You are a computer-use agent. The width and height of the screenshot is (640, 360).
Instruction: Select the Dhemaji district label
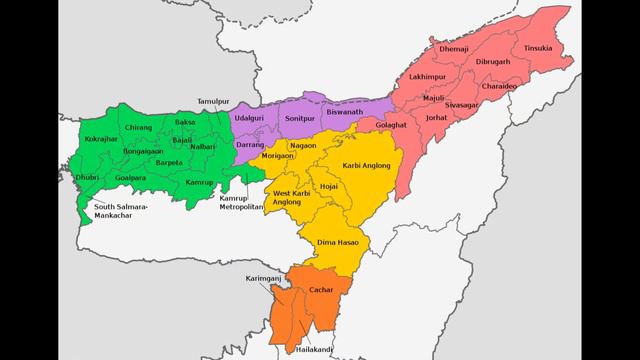[453, 48]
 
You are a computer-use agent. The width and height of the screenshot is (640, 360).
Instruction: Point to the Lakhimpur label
[427, 76]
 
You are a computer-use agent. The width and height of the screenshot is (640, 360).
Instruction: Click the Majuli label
[434, 98]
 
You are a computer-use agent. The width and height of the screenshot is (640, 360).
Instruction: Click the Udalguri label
[247, 117]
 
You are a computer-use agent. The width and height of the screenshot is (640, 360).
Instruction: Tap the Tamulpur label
[214, 101]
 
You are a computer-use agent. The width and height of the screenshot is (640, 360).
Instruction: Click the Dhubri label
[89, 177]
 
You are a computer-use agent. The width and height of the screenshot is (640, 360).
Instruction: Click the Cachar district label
[321, 289]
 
